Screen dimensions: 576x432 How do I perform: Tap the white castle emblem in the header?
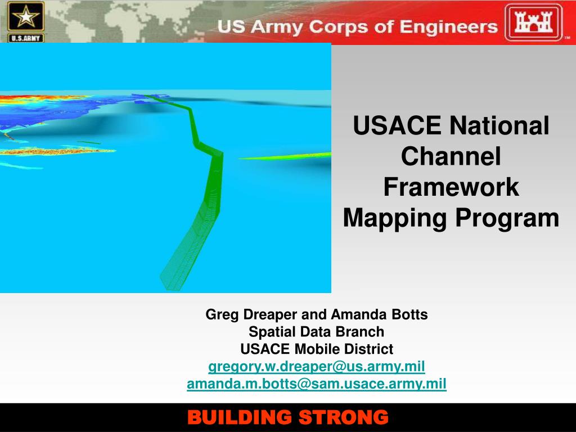tap(533, 22)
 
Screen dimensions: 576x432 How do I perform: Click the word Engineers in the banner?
tap(448, 27)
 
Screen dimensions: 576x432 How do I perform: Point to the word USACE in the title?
tap(397, 125)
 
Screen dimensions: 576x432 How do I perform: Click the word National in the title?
tap(499, 125)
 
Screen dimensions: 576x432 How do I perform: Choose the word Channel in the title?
tap(451, 156)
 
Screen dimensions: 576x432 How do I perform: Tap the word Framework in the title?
tap(451, 187)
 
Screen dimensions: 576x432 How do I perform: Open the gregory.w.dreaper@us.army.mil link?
tap(317, 367)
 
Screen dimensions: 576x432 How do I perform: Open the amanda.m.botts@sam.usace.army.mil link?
tap(317, 384)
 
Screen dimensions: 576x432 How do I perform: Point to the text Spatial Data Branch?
tap(316, 332)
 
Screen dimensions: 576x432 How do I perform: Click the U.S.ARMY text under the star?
tap(26, 38)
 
